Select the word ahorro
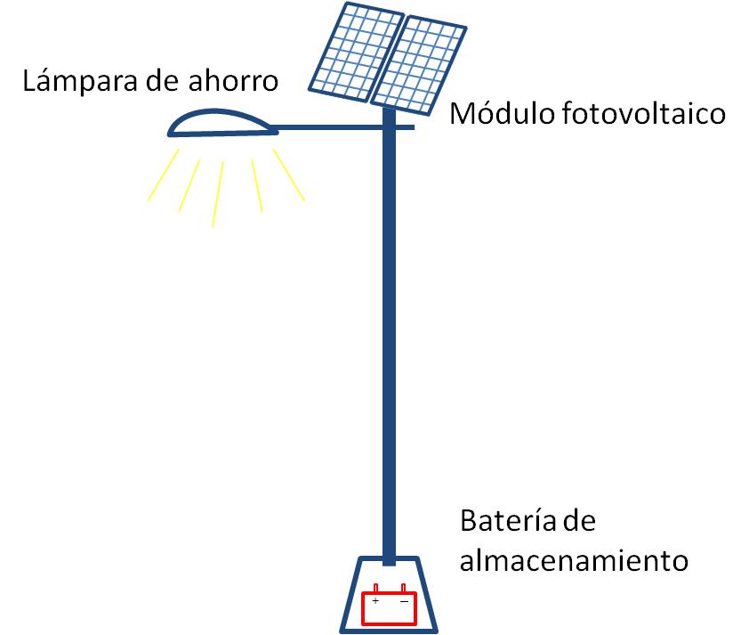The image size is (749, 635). pos(233,81)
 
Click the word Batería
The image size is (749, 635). pos(509,521)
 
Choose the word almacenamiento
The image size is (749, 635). pos(574,560)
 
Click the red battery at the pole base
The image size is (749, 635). pos(390,606)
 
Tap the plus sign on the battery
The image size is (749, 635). pos(376,600)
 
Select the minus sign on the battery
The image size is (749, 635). pos(404,601)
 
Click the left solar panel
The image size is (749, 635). pos(357,52)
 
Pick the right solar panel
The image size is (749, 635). pos(418,65)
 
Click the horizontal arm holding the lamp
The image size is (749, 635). pos(342,127)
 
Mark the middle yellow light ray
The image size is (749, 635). pos(218,194)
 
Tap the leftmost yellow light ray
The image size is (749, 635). pos(164,175)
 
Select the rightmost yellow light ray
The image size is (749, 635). pos(289,175)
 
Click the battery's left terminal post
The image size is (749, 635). pos(375,588)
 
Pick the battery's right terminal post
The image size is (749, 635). pos(403,588)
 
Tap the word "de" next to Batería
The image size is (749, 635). pos(580,521)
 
